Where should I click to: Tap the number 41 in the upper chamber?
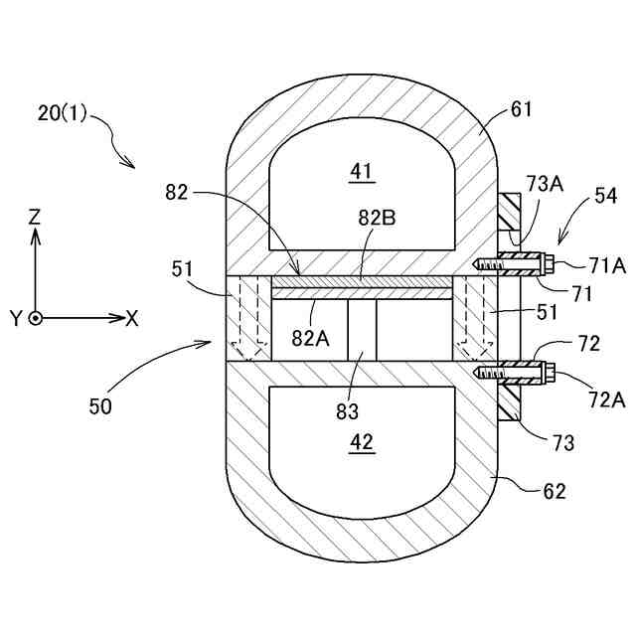pos(360,172)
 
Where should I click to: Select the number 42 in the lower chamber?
pos(362,444)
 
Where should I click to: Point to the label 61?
pos(521,109)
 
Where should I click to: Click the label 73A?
pos(545,183)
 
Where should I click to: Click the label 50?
pos(100,404)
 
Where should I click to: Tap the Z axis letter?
pos(35,215)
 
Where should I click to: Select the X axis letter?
pos(131,318)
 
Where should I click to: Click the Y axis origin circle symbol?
pos(36,318)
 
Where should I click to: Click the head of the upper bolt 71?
pos(547,263)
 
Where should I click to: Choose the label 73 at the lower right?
pos(563,443)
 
